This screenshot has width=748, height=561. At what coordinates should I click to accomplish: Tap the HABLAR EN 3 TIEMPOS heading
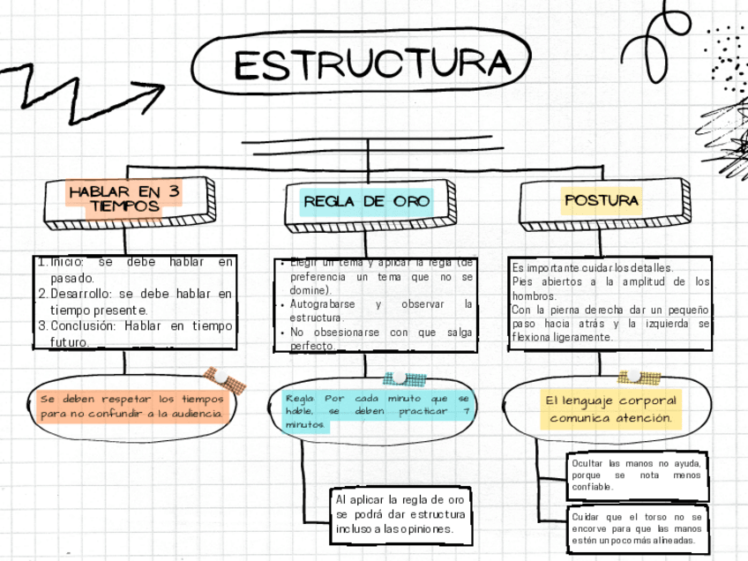pos(124,198)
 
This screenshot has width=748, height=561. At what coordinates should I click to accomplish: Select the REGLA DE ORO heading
pos(367,201)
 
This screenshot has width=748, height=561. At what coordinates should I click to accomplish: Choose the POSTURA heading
pos(601,200)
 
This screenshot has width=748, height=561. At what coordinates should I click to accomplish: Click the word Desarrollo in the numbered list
pos(81,294)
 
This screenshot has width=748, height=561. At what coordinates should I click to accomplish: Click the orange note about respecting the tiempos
pos(132,407)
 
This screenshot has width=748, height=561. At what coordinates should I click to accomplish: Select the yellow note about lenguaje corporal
pos(610,408)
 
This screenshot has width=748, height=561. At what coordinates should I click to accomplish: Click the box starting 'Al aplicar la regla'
pos(399,513)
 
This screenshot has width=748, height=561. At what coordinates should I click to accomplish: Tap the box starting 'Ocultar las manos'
pos(636,475)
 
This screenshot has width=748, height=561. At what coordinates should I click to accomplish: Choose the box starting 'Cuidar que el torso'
pos(636,527)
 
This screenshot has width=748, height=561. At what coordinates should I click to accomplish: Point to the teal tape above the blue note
pos(405,378)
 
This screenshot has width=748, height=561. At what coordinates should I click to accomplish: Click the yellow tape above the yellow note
pos(640,378)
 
